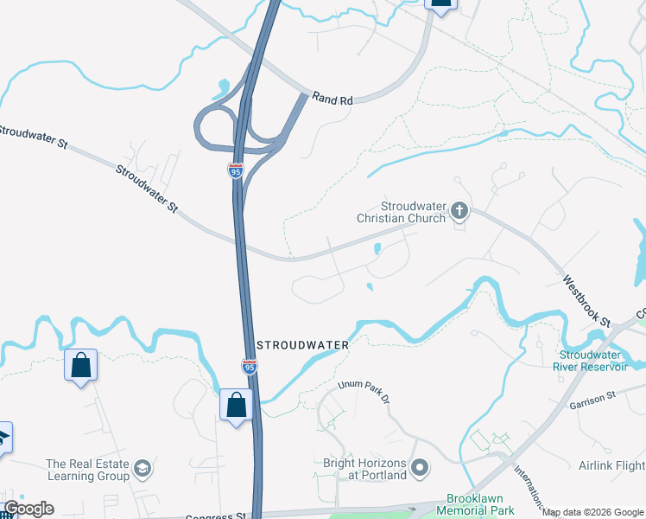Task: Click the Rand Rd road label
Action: coord(332,99)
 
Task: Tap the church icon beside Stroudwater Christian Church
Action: coord(459,210)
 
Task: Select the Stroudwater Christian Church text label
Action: coord(402,212)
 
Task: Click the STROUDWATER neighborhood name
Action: coord(301,345)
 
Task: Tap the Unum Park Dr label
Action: coord(364,391)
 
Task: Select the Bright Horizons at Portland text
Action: coord(364,469)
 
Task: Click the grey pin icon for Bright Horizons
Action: coord(421,468)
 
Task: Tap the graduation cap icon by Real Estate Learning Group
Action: coord(142,469)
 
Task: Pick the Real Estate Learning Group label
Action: coord(88,470)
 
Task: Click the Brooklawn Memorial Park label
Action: coord(480,505)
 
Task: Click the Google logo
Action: coord(28,509)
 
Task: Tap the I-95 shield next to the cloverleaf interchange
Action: coord(236,170)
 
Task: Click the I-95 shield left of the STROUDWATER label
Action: coord(249,367)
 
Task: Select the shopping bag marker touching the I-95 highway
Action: coord(236,405)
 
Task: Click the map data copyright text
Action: coord(593,512)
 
